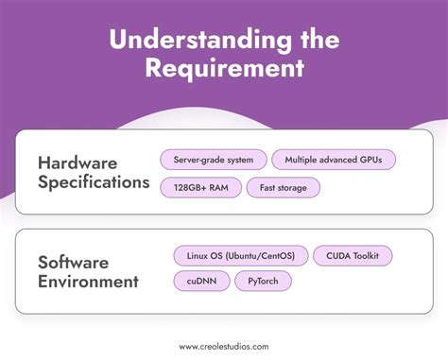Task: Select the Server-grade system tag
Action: pyautogui.click(x=213, y=160)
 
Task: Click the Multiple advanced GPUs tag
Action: pyautogui.click(x=334, y=160)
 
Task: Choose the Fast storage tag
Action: pyautogui.click(x=284, y=187)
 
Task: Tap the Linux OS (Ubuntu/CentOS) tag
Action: pyautogui.click(x=239, y=254)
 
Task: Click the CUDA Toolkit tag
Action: pyautogui.click(x=352, y=254)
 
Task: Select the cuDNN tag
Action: pyautogui.click(x=200, y=281)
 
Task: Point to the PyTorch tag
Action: pyautogui.click(x=263, y=281)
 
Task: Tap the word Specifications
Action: pyautogui.click(x=94, y=182)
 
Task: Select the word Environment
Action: pyautogui.click(x=88, y=281)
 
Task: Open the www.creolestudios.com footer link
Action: pyautogui.click(x=223, y=346)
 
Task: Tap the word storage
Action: pyautogui.click(x=292, y=187)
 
